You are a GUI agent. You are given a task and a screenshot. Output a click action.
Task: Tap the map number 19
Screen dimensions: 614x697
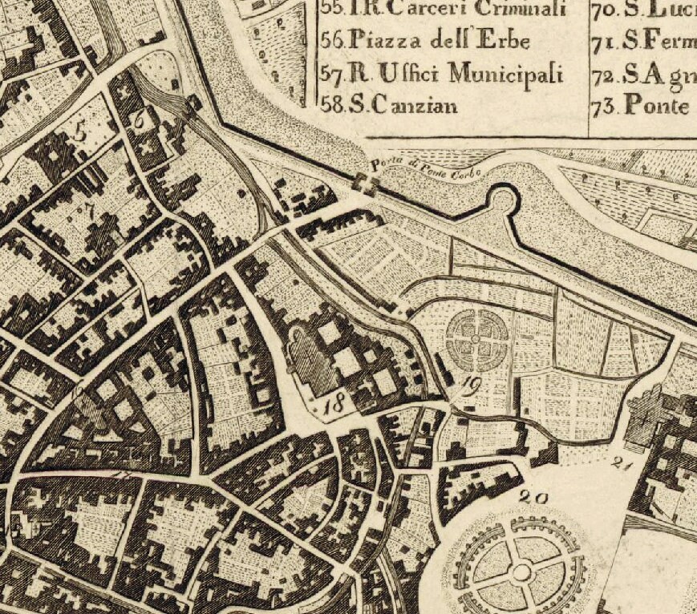coord(472,386)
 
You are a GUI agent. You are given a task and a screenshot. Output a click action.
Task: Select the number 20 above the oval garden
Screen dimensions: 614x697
coord(533,498)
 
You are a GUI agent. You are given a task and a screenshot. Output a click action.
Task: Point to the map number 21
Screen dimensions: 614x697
coord(622,462)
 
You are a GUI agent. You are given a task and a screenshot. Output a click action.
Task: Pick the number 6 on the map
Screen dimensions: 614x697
coord(140,119)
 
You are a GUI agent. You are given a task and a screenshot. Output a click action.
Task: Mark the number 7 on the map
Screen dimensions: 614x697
coord(90,211)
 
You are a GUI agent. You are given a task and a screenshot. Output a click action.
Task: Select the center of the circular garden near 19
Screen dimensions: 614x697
coord(476,338)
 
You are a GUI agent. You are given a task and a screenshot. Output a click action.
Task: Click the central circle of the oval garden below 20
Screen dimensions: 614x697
coord(521,572)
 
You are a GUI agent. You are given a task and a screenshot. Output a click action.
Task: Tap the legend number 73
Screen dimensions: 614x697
coord(603,105)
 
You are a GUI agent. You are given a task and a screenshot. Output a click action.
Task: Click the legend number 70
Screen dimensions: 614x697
coord(603,10)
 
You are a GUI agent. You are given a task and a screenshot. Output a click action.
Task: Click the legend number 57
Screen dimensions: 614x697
coord(332,73)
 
